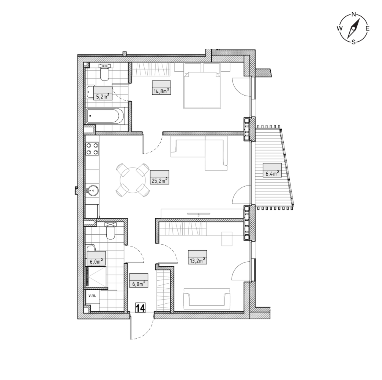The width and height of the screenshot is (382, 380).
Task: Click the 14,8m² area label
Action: pyautogui.click(x=161, y=91)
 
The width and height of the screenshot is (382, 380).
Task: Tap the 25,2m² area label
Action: pyautogui.click(x=159, y=181)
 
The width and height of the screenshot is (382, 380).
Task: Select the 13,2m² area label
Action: pyautogui.click(x=197, y=261)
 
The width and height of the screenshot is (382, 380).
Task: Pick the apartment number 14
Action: pyautogui.click(x=140, y=308)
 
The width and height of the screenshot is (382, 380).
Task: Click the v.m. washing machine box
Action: pyautogui.click(x=92, y=296)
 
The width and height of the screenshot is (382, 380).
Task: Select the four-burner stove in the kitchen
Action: pyautogui.click(x=92, y=149)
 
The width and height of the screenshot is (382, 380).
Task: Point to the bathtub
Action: pyautogui.click(x=106, y=116)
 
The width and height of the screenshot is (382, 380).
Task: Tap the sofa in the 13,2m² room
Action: pyautogui.click(x=207, y=297)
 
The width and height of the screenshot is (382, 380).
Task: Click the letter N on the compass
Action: pyautogui.click(x=354, y=14)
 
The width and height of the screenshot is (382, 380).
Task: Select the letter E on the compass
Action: pyautogui.click(x=368, y=28)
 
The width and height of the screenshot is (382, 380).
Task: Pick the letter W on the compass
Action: pyautogui.click(x=339, y=28)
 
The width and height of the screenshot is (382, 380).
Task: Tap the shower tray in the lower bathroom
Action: pyautogui.click(x=96, y=276)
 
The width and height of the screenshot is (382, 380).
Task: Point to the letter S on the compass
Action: pyautogui.click(x=354, y=42)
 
